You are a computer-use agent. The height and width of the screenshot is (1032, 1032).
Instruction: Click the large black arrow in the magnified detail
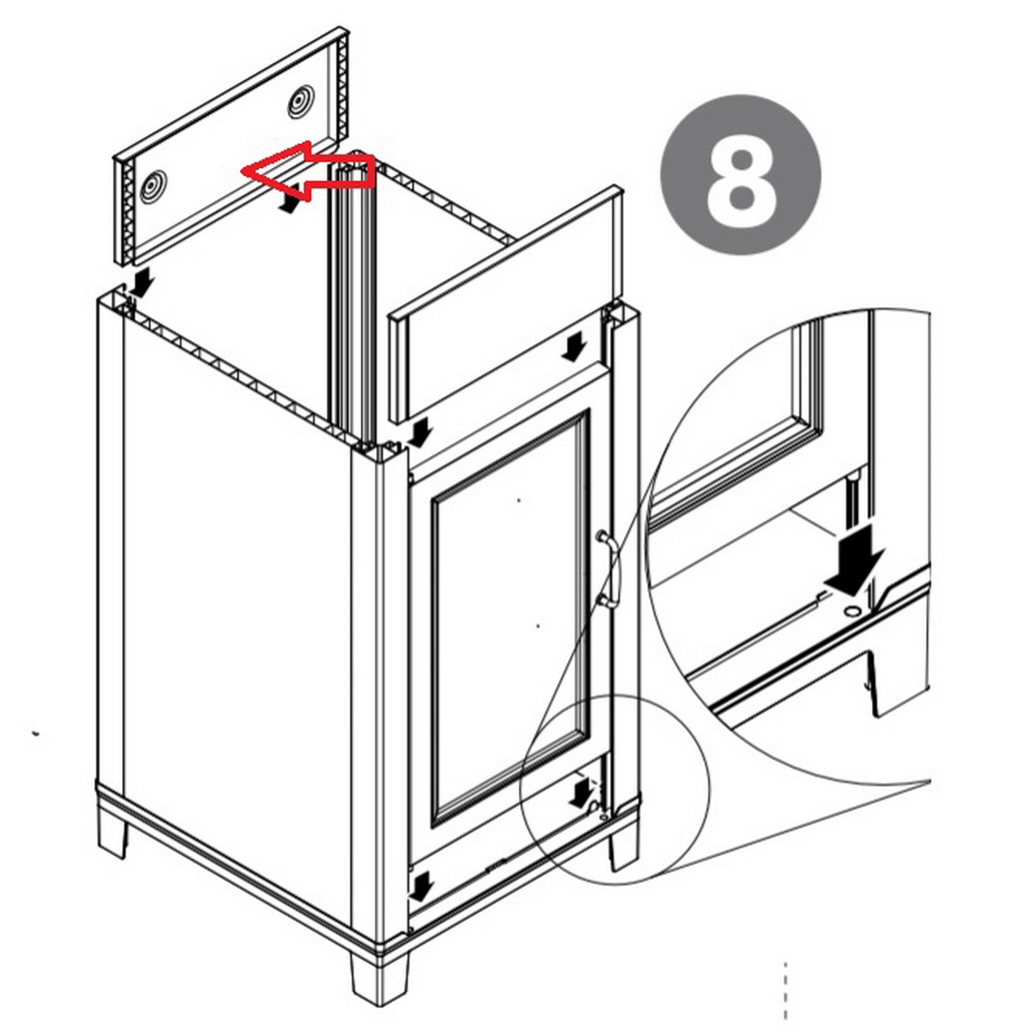coord(855,559)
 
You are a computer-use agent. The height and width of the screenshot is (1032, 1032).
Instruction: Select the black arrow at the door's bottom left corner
coord(420,886)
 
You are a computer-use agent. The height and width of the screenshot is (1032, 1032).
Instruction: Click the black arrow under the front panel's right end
coord(572,349)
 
